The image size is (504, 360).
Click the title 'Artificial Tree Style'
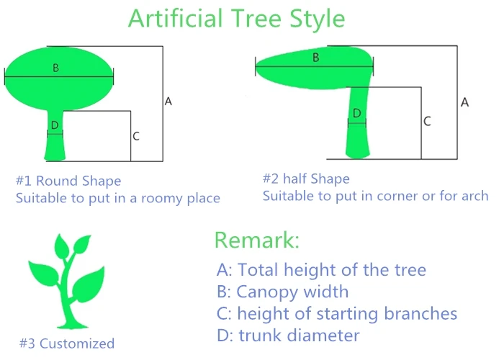point(236,18)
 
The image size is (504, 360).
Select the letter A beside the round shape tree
point(168,102)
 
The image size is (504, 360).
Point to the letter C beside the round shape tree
point(136,136)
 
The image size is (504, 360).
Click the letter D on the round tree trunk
point(55,125)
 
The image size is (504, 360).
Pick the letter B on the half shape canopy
point(315,58)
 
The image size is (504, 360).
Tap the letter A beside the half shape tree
point(464,102)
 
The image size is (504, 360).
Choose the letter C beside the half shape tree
point(427,122)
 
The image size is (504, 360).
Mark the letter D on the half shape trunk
point(356,114)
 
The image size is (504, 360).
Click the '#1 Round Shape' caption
point(68,181)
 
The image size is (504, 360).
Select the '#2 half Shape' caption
point(306,179)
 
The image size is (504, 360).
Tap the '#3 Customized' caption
point(66,343)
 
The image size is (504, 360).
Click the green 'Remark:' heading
point(256,240)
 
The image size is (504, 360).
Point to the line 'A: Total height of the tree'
point(321,270)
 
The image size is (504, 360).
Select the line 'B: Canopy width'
point(282,292)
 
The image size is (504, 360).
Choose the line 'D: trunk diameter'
point(288,335)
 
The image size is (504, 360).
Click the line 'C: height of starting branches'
point(336,313)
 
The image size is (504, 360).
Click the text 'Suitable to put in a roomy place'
point(118,198)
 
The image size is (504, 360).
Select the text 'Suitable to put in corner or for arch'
point(375,196)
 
